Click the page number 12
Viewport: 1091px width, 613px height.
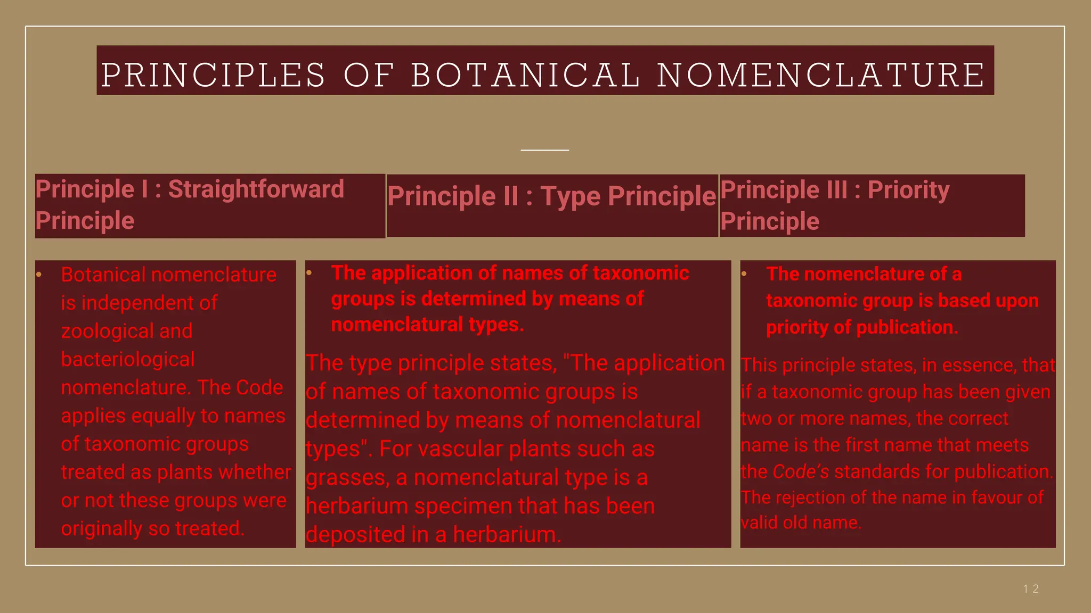tap(1031, 589)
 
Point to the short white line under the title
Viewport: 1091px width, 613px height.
tap(544, 150)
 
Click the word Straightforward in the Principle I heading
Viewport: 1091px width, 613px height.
tap(256, 189)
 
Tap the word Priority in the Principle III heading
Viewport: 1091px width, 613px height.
tap(908, 190)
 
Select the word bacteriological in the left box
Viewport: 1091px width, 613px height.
tap(128, 359)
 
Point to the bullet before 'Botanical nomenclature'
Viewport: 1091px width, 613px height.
tap(39, 275)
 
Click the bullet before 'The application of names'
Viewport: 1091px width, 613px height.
tap(309, 273)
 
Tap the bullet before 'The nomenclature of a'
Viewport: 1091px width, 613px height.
tap(744, 274)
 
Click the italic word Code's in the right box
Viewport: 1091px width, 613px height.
tap(801, 471)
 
